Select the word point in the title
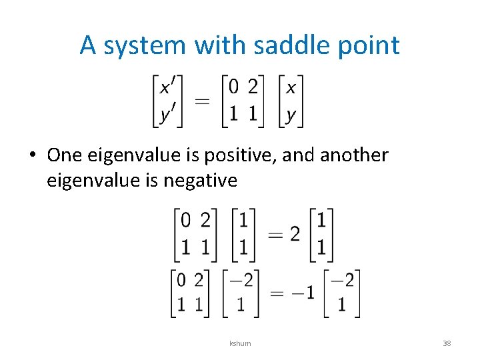(371, 45)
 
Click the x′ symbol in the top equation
(169, 87)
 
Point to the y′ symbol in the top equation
(168, 115)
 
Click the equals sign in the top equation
(202, 101)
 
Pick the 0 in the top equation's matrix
(233, 87)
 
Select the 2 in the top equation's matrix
(253, 87)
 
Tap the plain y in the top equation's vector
(291, 115)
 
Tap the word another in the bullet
(354, 155)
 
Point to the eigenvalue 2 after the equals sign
(295, 234)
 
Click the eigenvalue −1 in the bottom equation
(303, 293)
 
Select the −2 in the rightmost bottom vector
(341, 280)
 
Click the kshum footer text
(240, 343)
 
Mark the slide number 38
(447, 343)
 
